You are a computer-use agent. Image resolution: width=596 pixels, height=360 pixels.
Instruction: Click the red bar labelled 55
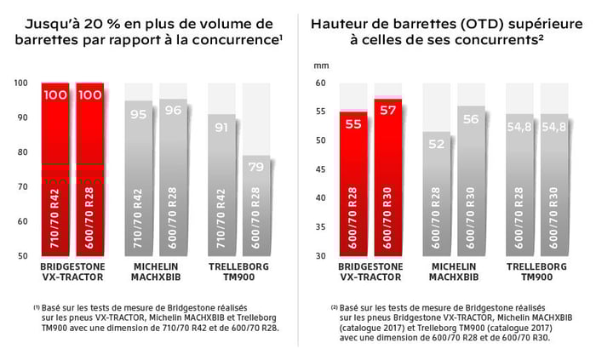click(x=354, y=183)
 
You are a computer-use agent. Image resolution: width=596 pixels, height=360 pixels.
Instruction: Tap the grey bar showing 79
click(x=257, y=204)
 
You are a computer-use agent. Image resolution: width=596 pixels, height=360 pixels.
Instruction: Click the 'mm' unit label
click(x=321, y=65)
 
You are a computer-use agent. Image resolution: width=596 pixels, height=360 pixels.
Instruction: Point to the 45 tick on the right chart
click(x=321, y=169)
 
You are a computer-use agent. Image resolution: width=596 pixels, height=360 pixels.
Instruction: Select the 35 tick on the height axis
click(x=321, y=226)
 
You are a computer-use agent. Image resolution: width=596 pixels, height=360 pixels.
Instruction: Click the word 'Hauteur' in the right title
click(x=345, y=23)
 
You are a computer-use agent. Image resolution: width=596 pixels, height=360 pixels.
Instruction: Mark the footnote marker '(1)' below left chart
click(x=37, y=307)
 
